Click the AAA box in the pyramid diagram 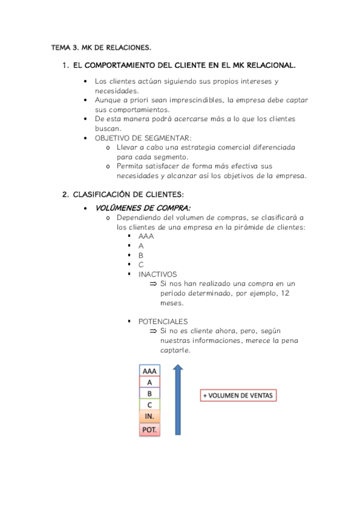click(150, 371)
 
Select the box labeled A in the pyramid click(150, 382)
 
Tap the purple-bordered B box click(150, 393)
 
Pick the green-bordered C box click(150, 405)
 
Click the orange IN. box click(150, 416)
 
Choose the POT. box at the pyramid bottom click(150, 429)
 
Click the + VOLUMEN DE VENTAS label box click(239, 396)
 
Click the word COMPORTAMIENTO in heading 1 click(122, 65)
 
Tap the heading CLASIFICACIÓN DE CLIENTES click(128, 195)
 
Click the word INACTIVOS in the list click(157, 274)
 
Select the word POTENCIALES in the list click(163, 321)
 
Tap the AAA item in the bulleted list click(146, 236)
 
